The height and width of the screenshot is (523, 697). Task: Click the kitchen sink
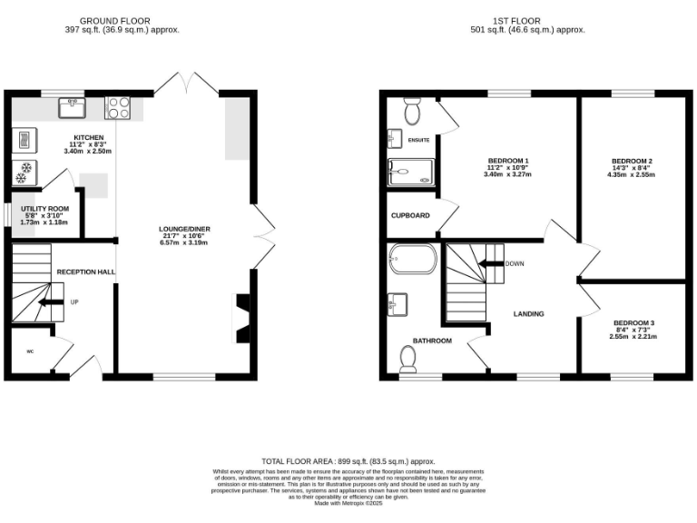pos(72,108)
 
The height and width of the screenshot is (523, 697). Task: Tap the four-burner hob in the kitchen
pos(118,108)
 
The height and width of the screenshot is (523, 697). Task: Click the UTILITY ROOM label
pos(44,209)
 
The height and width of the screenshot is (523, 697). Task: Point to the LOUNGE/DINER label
pos(184,230)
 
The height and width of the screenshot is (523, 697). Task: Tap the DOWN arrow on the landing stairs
pos(491,264)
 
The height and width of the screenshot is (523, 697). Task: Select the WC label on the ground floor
pos(29,351)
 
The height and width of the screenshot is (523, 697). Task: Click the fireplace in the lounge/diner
pos(243,318)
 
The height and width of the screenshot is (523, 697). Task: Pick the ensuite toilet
pos(411,111)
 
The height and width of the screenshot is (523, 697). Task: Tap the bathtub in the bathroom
pos(412,260)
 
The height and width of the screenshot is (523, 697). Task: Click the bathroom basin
pos(398,304)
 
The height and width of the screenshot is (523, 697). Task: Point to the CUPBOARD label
pos(409,216)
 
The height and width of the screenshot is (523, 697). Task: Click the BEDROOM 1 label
pos(508,161)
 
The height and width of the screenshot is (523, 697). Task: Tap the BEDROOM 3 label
pos(633,323)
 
